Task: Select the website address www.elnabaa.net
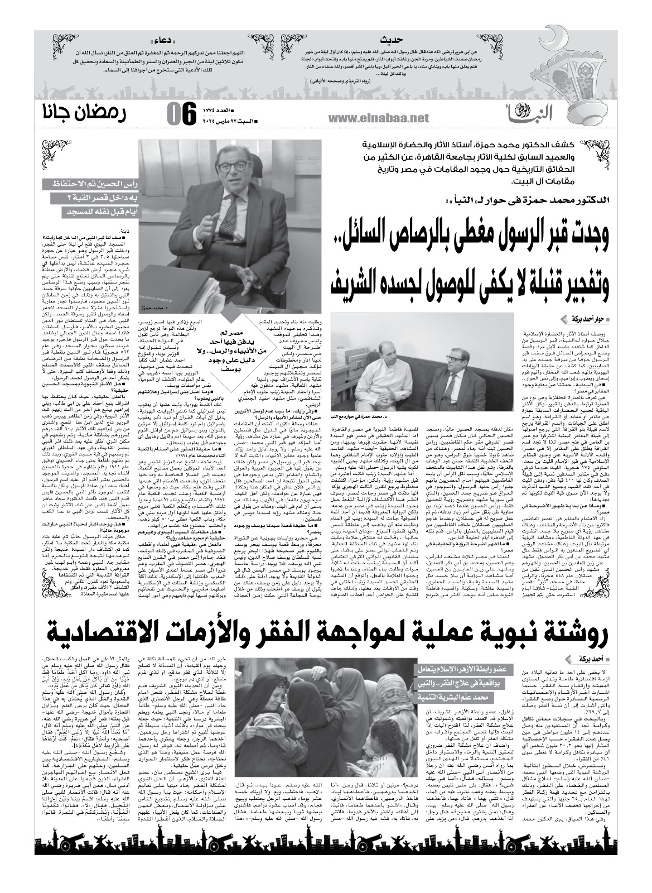pyautogui.click(x=376, y=118)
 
